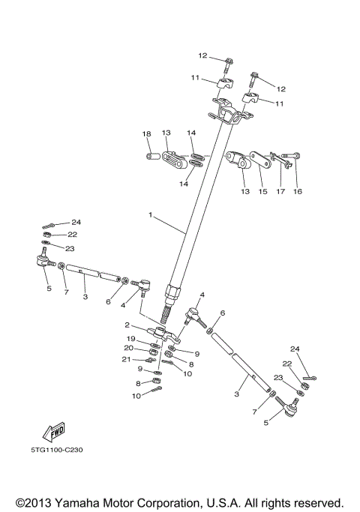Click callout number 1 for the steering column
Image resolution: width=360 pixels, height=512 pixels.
[x=150, y=214]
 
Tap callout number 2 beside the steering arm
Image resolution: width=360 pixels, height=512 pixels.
[x=127, y=325]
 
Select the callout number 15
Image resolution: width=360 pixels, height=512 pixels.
[x=263, y=192]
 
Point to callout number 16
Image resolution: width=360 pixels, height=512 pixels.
[x=298, y=192]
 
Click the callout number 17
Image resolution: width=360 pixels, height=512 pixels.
[x=280, y=192]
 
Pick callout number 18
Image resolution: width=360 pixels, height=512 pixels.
[x=147, y=133]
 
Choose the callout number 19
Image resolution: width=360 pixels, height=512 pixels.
[x=131, y=339]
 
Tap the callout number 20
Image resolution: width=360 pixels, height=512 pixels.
[x=129, y=348]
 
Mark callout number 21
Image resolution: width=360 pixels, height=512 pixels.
[x=127, y=359]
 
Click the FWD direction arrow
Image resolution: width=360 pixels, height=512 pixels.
[x=54, y=432]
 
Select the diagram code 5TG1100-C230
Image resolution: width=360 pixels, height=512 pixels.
[x=57, y=450]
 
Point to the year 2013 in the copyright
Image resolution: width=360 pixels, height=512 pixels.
[x=38, y=502]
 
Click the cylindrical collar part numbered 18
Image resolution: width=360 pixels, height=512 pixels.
[x=152, y=156]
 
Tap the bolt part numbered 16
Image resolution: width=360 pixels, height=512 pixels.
[x=291, y=155]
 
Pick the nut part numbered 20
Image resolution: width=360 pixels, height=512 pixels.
[x=153, y=352]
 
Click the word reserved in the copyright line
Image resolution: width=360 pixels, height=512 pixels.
[x=318, y=502]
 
